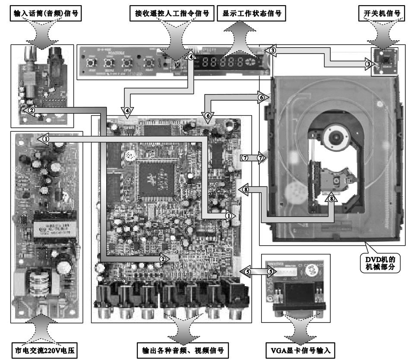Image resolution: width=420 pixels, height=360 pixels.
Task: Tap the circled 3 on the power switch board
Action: point(368,63)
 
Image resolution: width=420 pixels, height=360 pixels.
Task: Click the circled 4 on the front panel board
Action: point(191,56)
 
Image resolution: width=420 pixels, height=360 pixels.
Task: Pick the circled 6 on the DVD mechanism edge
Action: point(261,98)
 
